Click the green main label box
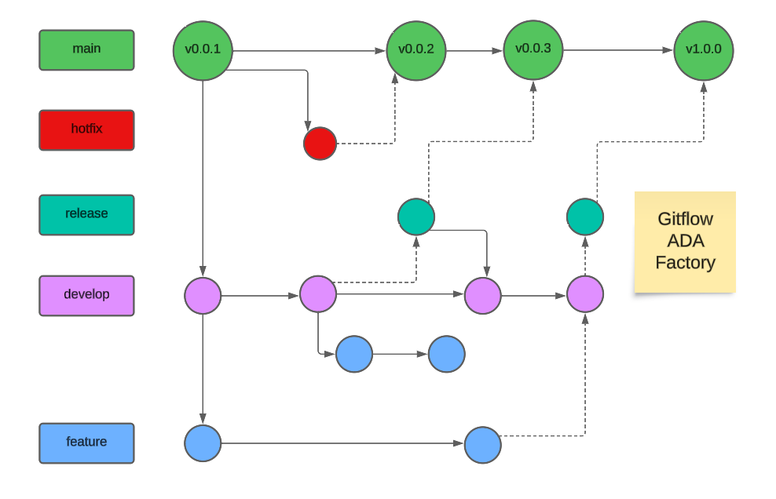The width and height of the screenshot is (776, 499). click(x=86, y=49)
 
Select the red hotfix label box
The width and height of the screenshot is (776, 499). click(x=86, y=129)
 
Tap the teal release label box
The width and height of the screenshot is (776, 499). click(x=86, y=214)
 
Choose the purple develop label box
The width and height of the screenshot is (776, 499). click(x=86, y=295)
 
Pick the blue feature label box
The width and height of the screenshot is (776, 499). click(x=86, y=443)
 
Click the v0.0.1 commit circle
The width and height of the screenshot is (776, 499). click(x=203, y=49)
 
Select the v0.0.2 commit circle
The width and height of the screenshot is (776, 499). click(x=416, y=49)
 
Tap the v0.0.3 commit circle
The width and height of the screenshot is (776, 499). click(x=533, y=49)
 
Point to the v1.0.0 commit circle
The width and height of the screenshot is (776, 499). click(x=704, y=49)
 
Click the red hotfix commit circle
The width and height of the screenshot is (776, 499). click(x=320, y=144)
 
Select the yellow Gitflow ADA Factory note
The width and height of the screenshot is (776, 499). click(x=685, y=242)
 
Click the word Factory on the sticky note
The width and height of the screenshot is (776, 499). click(x=685, y=263)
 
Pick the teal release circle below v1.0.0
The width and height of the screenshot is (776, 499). click(x=585, y=217)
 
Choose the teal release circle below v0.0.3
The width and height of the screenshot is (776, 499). click(x=416, y=217)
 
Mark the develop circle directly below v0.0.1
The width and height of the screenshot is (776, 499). click(x=203, y=295)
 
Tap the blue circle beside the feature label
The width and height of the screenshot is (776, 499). click(x=203, y=443)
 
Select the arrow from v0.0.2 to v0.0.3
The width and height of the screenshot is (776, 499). click(x=474, y=51)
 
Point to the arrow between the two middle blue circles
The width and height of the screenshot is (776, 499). click(x=400, y=354)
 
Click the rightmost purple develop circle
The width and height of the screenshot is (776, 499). click(x=585, y=294)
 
